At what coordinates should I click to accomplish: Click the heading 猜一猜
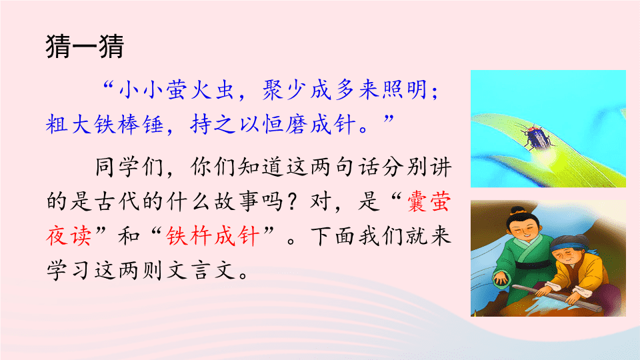tap(85, 47)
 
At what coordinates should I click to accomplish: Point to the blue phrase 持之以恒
tap(236, 124)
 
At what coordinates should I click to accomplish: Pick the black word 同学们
tap(129, 167)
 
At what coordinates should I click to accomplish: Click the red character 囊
tap(417, 201)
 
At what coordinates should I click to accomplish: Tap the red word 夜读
tap(69, 236)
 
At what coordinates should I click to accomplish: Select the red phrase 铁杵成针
tap(213, 236)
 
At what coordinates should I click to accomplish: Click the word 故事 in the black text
tap(236, 201)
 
